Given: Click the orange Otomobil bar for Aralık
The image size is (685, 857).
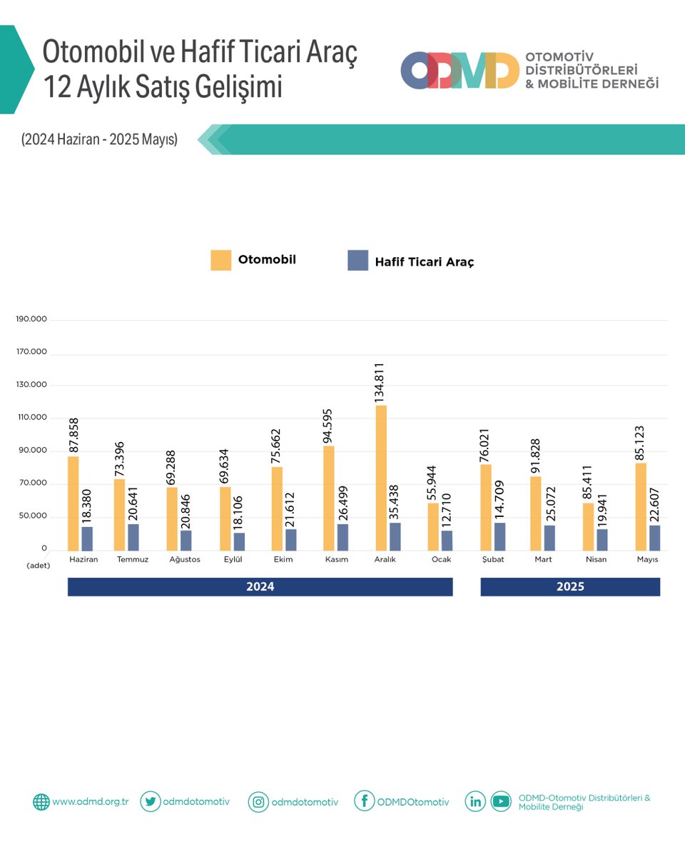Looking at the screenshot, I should (x=381, y=478).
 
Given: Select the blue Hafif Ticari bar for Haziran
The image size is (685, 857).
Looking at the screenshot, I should (x=87, y=538).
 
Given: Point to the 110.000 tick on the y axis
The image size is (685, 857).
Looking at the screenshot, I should (x=31, y=418).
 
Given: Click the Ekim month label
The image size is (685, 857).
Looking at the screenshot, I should (x=283, y=559).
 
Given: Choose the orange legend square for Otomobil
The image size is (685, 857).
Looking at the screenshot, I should (x=221, y=260).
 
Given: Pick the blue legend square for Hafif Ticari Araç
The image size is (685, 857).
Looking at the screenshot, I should (x=357, y=260).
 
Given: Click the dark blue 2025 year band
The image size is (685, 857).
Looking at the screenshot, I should (x=570, y=587).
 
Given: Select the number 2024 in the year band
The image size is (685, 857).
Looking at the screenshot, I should (x=260, y=587).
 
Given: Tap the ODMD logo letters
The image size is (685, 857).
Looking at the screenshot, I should (x=460, y=70).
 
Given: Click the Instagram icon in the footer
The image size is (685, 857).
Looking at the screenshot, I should (x=258, y=802).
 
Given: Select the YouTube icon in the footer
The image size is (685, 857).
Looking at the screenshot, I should (x=501, y=802).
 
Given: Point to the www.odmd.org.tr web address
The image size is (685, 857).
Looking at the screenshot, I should (x=90, y=802).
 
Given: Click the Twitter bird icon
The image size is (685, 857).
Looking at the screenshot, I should (x=150, y=801).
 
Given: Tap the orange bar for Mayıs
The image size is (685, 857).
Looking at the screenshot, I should (x=641, y=506).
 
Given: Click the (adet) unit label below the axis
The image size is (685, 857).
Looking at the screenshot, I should (x=38, y=565).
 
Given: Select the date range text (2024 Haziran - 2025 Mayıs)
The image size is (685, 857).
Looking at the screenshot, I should (x=99, y=140).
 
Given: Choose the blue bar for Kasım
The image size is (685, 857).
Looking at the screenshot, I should (x=342, y=537).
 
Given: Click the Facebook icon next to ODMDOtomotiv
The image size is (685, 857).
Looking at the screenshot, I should (x=364, y=802).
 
